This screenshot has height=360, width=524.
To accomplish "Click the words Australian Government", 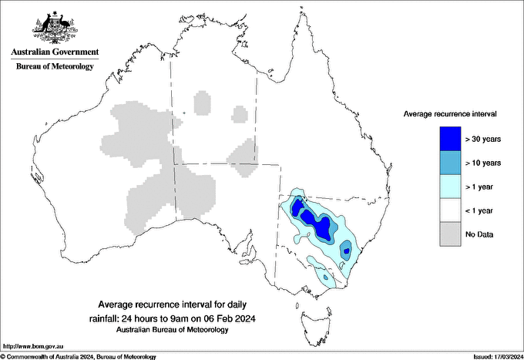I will click(x=55, y=52).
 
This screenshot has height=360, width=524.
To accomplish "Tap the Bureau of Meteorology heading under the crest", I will click(x=55, y=66).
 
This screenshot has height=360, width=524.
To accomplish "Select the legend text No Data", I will click(x=479, y=234).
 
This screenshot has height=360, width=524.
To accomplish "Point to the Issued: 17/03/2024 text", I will click(x=494, y=356).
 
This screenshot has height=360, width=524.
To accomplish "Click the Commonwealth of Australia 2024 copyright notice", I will click(x=79, y=356).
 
